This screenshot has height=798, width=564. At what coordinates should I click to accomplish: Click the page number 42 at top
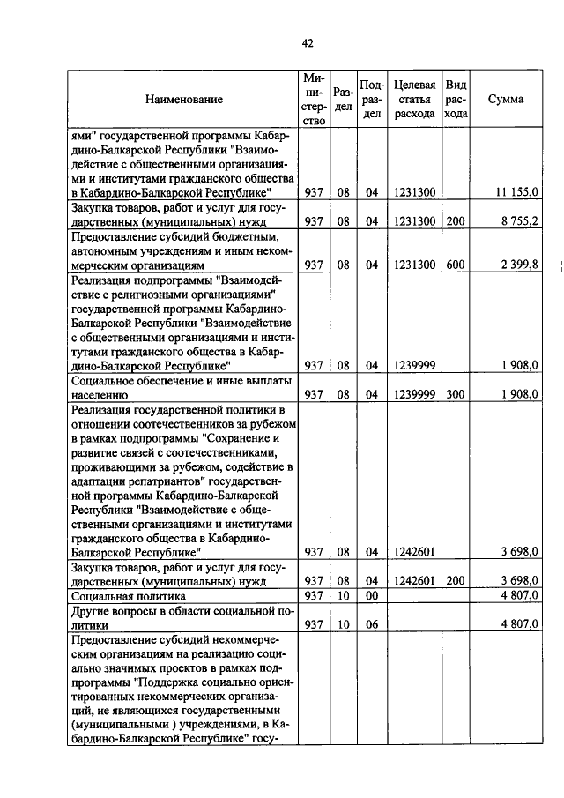pyautogui.click(x=308, y=42)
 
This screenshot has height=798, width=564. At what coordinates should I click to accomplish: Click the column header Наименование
pyautogui.click(x=184, y=100)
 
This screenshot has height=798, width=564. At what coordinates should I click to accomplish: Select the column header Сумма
pyautogui.click(x=505, y=100)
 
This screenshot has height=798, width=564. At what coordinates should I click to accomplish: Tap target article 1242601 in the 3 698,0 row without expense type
pyautogui.click(x=414, y=552)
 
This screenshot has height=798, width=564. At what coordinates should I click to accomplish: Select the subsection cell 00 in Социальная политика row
pyautogui.click(x=372, y=596)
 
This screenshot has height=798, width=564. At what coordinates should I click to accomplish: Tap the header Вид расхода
pyautogui.click(x=456, y=100)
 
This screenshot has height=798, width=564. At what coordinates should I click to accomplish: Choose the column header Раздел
pyautogui.click(x=344, y=100)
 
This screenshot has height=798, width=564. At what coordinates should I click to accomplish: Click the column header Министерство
pyautogui.click(x=313, y=100)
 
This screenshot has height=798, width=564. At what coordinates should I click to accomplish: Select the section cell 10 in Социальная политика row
pyautogui.click(x=344, y=596)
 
